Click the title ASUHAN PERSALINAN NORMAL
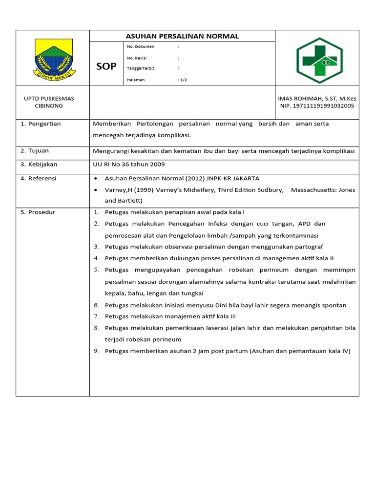(x=182, y=36)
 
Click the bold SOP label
(x=106, y=66)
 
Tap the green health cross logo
(x=320, y=60)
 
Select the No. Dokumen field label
(x=141, y=46)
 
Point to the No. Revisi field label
(x=137, y=58)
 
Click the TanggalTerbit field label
(x=140, y=68)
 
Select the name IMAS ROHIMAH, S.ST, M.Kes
(x=317, y=98)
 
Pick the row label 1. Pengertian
(x=41, y=124)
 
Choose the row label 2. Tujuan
(x=35, y=151)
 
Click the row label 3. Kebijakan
(x=39, y=165)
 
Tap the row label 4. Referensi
(x=39, y=178)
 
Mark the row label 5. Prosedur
(x=38, y=212)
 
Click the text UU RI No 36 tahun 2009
(x=129, y=165)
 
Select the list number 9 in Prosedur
(x=97, y=351)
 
